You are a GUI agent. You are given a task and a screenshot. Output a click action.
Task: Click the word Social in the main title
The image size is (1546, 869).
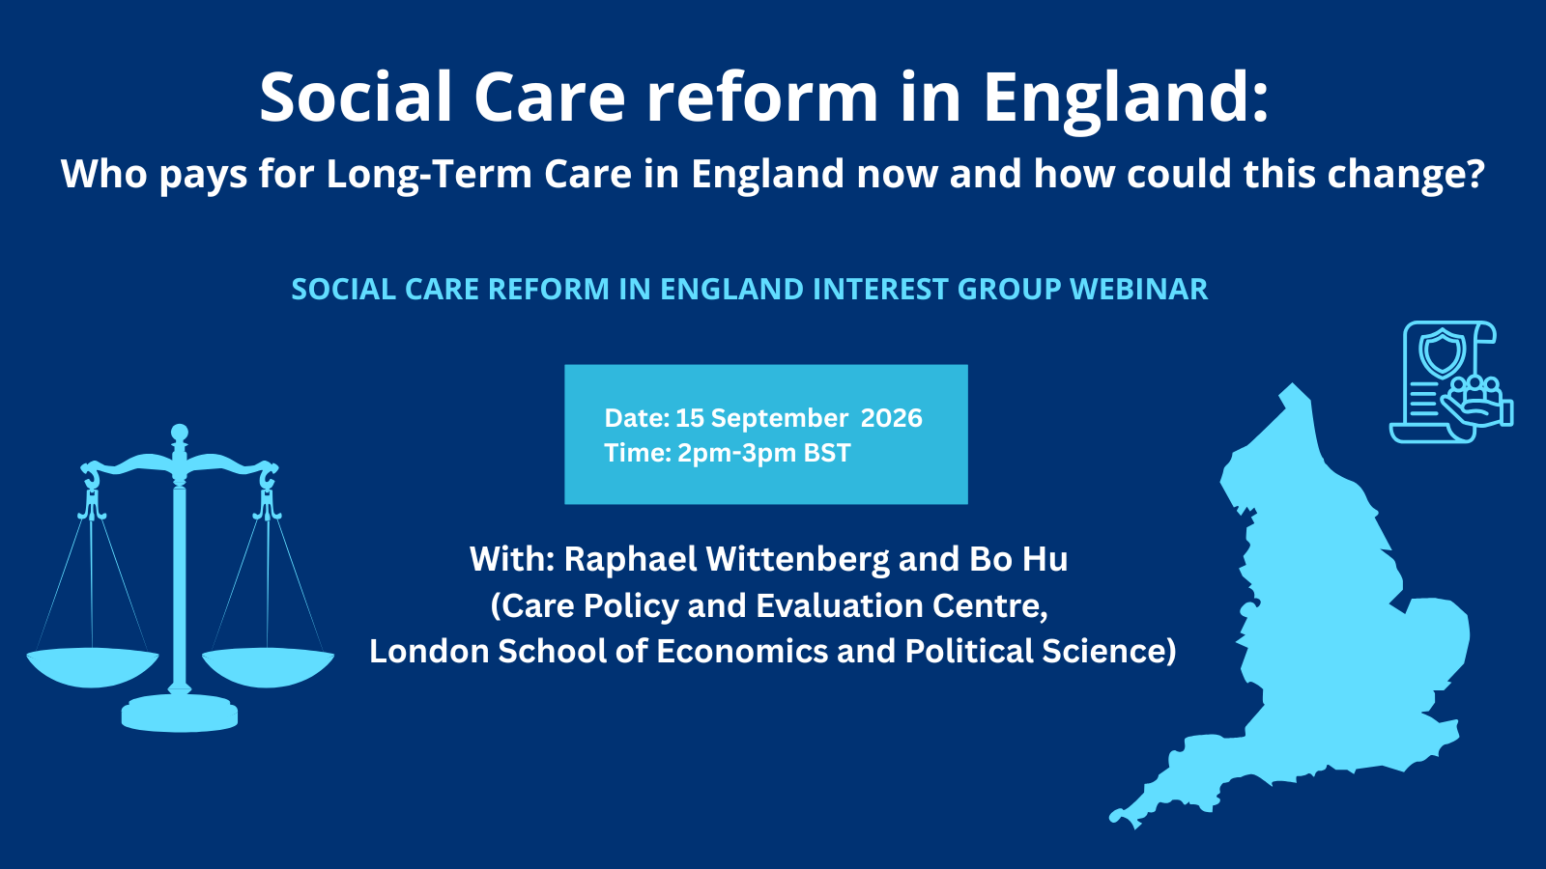[x=356, y=98]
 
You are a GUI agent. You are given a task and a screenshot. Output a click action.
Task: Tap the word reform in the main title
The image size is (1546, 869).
[x=762, y=98]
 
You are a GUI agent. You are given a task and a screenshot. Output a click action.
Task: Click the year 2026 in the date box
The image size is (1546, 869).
[x=892, y=418]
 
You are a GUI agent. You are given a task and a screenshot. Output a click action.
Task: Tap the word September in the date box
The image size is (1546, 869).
[x=780, y=419]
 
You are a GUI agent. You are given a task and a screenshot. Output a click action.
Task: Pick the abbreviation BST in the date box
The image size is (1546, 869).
[x=827, y=453]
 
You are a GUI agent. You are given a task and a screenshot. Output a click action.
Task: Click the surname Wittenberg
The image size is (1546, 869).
[x=797, y=559]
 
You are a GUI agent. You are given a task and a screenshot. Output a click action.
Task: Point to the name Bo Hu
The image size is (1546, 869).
[x=1018, y=559]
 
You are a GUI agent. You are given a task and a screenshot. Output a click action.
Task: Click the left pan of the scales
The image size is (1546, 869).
[x=93, y=667]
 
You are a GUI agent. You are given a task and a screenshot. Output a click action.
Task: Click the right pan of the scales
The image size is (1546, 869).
[x=268, y=667]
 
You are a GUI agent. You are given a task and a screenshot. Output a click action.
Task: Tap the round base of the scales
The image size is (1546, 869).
[x=180, y=714]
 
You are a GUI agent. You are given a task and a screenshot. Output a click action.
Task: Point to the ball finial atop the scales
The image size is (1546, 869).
[x=180, y=434]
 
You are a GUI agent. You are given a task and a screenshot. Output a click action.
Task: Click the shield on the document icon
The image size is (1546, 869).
[x=1442, y=351]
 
